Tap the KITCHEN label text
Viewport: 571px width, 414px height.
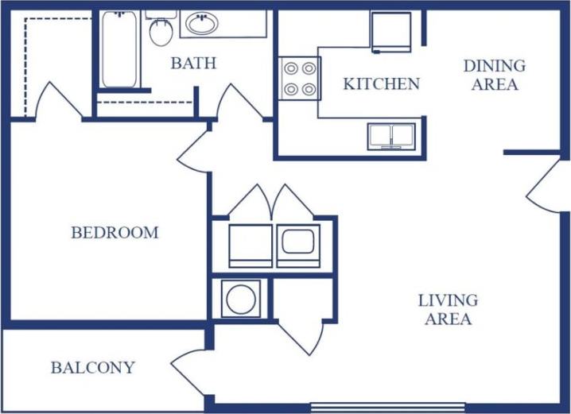click(x=382, y=83)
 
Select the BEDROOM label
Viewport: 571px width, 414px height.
click(x=115, y=233)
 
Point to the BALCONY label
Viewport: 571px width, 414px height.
click(x=92, y=368)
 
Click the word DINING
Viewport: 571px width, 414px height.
click(x=495, y=66)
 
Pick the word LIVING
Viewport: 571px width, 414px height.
click(x=449, y=300)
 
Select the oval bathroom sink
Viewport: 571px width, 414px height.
click(x=200, y=23)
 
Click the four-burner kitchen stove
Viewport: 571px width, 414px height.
click(x=299, y=79)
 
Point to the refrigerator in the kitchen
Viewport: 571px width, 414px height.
click(x=390, y=31)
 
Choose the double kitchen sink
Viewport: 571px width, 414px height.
click(x=390, y=135)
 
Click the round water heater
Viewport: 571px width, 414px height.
click(x=240, y=299)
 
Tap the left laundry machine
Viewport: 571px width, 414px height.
click(x=251, y=245)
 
